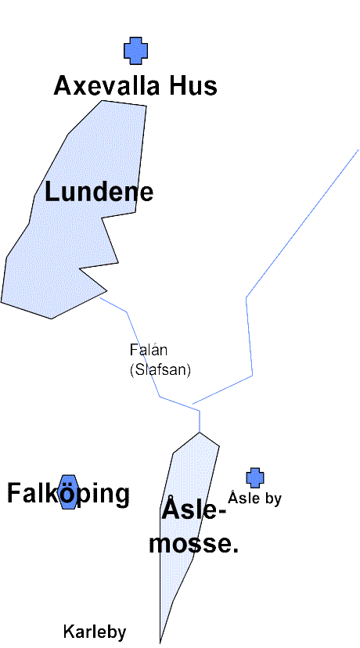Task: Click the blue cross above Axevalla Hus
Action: [135, 51]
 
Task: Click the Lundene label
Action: [99, 193]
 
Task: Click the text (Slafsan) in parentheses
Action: [160, 369]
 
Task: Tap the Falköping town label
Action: [69, 494]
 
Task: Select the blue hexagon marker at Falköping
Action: [69, 491]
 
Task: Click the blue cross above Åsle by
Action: [255, 478]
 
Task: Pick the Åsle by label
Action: [254, 498]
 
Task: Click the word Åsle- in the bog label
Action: [194, 511]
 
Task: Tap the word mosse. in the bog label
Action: [194, 543]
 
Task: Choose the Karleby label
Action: [95, 632]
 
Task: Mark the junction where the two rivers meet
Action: [200, 411]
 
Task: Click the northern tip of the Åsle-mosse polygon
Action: [200, 432]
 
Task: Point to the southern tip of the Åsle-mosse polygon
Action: [160, 643]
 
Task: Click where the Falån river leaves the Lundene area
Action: [100, 297]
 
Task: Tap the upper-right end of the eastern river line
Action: [358, 149]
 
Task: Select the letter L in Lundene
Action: [52, 193]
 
